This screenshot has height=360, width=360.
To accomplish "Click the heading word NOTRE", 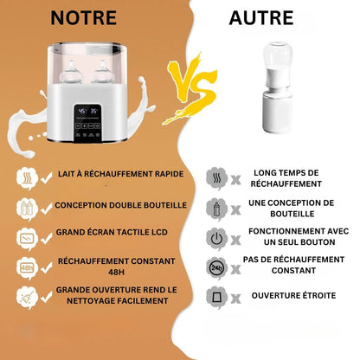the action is (x=84, y=18).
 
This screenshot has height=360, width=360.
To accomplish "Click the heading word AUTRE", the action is (x=261, y=18).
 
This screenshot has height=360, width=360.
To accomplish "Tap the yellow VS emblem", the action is (x=191, y=88).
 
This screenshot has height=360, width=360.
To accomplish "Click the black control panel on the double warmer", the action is (x=87, y=123).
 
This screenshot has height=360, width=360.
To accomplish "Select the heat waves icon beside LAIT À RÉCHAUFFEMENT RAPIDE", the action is (x=28, y=178).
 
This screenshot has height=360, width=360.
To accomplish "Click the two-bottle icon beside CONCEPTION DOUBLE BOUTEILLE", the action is (x=28, y=209).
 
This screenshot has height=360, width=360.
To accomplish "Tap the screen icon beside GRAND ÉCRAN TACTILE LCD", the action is (x=28, y=239).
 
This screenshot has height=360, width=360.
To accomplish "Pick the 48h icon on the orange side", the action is (x=28, y=268).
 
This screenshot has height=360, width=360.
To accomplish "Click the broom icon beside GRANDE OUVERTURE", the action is (x=28, y=298).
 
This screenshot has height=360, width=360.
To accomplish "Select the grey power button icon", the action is (x=216, y=239).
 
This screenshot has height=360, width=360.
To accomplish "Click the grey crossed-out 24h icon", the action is (x=216, y=268).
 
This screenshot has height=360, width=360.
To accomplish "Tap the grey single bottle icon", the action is (x=216, y=209).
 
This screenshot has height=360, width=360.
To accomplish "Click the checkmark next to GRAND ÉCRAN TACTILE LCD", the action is (x=46, y=238).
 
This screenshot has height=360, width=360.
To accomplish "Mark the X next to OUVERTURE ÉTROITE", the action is (x=236, y=299).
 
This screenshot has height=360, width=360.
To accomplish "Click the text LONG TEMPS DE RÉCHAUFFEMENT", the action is (x=286, y=178).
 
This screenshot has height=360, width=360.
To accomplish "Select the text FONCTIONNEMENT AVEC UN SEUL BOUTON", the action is (x=299, y=236).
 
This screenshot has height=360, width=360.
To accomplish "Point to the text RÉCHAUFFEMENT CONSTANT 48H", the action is (x=116, y=267).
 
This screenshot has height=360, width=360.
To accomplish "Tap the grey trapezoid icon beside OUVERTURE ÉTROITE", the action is (x=216, y=297).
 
